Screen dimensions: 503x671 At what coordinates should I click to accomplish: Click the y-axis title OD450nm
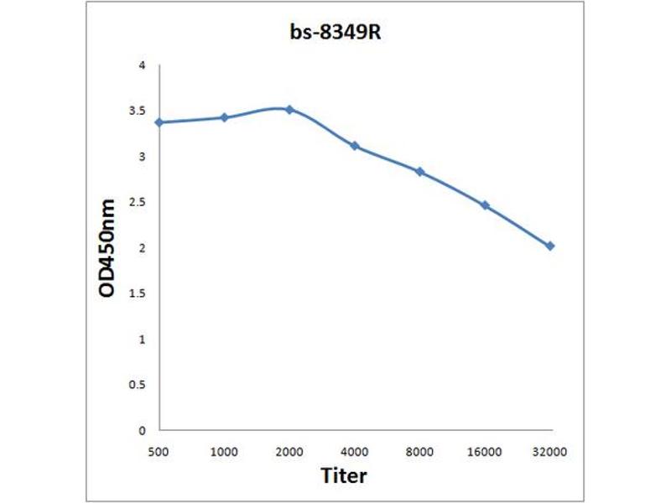point(108,248)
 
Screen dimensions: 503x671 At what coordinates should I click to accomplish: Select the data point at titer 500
point(159,122)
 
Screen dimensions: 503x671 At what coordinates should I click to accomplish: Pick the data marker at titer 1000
point(224,117)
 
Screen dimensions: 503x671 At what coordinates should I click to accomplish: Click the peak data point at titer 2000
point(289,109)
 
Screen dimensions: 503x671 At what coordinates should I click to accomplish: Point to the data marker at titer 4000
point(355,146)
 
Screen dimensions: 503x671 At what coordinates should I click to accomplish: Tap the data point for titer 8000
point(420,172)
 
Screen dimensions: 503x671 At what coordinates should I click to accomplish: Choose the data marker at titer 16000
point(485,205)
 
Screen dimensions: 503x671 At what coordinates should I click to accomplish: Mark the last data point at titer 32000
point(550,246)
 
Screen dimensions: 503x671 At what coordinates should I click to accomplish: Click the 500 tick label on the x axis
point(159,451)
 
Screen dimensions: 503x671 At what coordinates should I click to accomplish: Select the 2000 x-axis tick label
point(289,451)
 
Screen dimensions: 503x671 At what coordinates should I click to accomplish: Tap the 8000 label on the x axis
point(420,451)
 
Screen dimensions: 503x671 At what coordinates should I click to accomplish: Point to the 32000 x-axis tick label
point(550,451)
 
